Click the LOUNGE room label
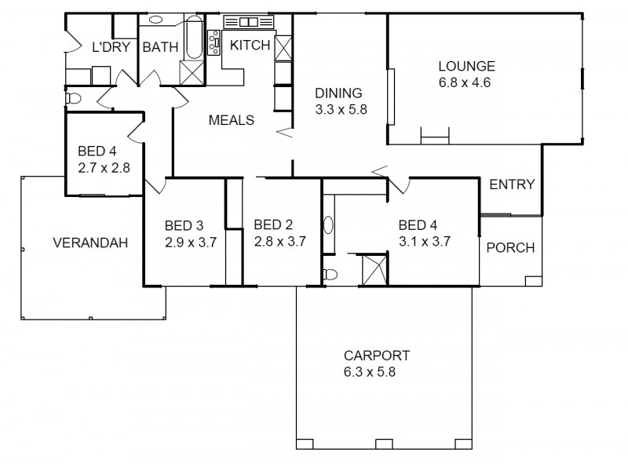click(466, 66)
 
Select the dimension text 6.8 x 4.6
click(465, 82)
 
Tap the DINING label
click(339, 93)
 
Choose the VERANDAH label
click(90, 243)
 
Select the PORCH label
click(510, 248)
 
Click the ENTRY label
click(511, 185)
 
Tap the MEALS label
click(231, 120)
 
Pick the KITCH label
click(249, 46)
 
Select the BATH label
click(160, 47)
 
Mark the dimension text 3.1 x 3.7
click(424, 242)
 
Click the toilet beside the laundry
click(73, 99)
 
